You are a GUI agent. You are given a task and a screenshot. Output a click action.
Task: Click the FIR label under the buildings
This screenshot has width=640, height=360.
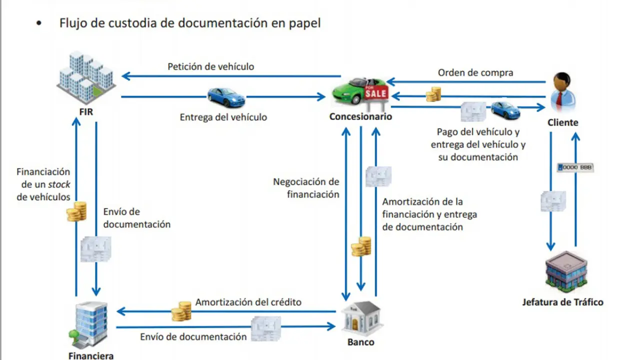point(85,112)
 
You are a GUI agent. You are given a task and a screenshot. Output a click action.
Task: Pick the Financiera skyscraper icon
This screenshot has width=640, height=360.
point(90,325)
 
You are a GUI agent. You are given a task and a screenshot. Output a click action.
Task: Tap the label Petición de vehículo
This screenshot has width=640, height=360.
point(210,66)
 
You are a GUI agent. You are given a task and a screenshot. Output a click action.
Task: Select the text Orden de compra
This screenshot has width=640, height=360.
point(475,72)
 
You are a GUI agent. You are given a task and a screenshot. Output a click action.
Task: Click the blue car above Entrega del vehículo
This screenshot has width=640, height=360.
point(226,97)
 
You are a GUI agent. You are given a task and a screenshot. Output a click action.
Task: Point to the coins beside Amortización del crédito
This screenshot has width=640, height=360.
point(181,311)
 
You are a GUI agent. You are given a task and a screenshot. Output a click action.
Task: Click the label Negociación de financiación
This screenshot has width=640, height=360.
point(306,188)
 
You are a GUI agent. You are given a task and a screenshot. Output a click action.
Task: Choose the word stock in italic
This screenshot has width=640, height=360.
point(59,184)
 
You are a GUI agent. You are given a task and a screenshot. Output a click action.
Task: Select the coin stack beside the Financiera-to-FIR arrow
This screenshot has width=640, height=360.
point(76,211)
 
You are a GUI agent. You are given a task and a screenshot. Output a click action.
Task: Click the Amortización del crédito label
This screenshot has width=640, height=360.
point(248,302)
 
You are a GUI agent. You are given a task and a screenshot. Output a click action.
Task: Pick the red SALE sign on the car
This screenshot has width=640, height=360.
point(376,93)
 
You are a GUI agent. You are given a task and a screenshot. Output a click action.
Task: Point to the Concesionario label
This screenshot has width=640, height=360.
point(360,116)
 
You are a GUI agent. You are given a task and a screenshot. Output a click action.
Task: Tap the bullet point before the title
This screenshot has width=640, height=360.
point(39,23)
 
